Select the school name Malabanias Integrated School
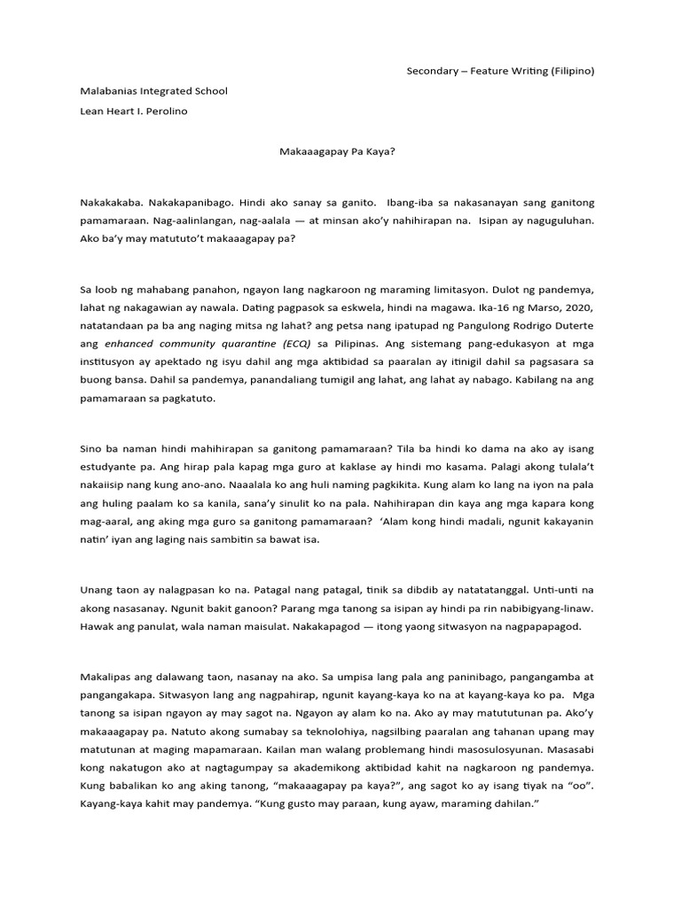(153, 90)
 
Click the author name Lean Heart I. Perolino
(134, 111)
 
